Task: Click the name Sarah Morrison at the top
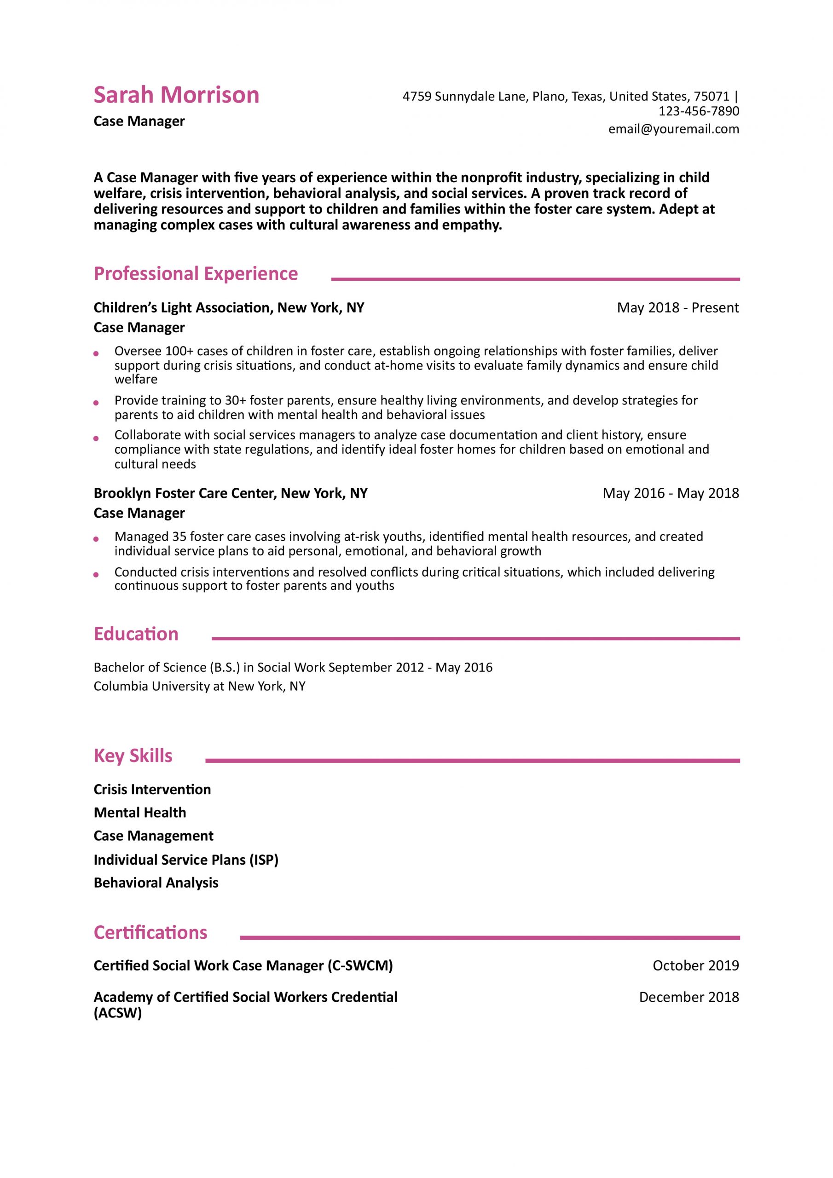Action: click(x=176, y=95)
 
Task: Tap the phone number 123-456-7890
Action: click(x=699, y=111)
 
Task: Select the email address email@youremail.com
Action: click(x=673, y=129)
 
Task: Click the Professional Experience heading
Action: click(x=196, y=274)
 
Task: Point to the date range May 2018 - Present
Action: click(x=677, y=308)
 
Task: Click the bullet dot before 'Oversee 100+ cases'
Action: click(x=96, y=353)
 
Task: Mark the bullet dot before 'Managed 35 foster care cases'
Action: click(x=96, y=539)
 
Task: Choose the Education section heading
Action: click(x=136, y=634)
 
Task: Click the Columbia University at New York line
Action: click(x=199, y=686)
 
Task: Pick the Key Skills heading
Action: click(x=133, y=756)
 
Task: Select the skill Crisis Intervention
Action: click(x=152, y=789)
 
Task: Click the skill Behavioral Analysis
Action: click(x=156, y=883)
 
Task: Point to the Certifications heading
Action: click(x=150, y=932)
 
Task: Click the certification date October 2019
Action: click(x=695, y=965)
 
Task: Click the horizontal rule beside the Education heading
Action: click(x=475, y=639)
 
